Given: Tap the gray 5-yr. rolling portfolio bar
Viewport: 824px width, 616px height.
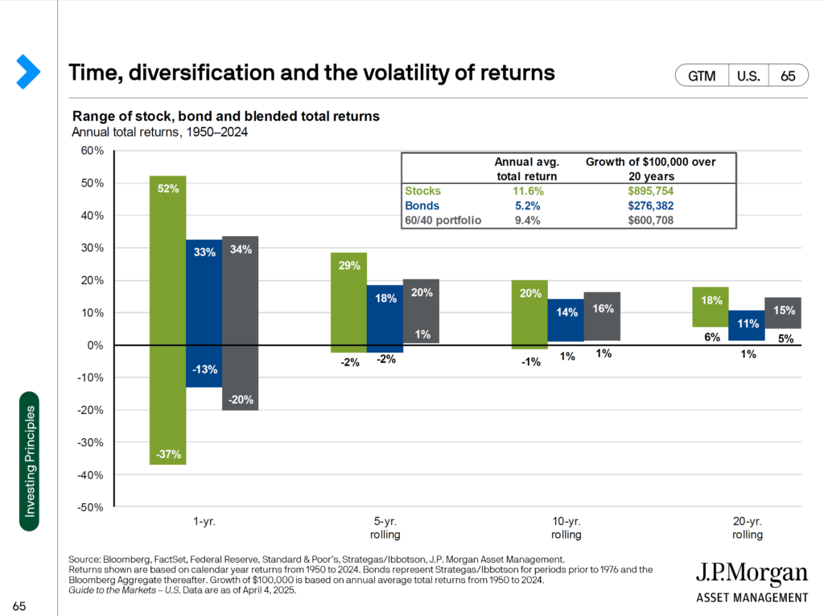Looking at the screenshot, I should [x=421, y=311].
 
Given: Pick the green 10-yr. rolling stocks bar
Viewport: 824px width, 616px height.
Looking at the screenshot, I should [x=529, y=314].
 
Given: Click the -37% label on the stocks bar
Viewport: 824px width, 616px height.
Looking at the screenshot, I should [x=167, y=454].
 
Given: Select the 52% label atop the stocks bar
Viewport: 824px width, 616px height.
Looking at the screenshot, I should [x=167, y=188].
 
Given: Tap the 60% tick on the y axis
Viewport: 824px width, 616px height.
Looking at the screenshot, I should [x=93, y=151].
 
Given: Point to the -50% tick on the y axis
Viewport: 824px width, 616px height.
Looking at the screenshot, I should [x=91, y=507].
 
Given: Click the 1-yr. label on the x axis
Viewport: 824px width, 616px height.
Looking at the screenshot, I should [x=204, y=521].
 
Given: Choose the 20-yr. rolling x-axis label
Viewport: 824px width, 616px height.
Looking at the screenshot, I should [x=747, y=527].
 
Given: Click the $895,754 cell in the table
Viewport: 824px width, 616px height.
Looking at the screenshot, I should [x=650, y=192].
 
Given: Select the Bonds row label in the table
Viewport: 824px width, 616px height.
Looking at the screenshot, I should [x=422, y=206].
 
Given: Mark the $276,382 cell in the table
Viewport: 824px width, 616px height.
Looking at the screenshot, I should [x=650, y=206].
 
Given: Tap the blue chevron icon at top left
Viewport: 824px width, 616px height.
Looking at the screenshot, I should [x=27, y=72].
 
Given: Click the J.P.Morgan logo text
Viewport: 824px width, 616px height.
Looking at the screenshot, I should [x=752, y=573].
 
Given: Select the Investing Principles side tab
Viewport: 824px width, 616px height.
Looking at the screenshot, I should [x=28, y=461].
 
